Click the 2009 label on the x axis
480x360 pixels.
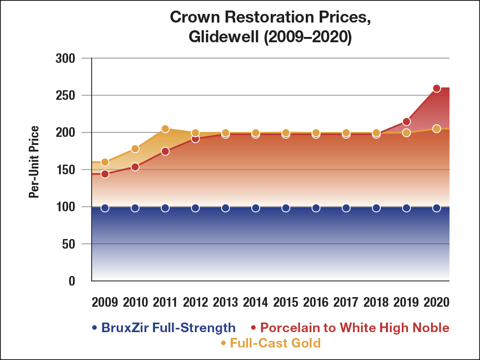tap(105, 302)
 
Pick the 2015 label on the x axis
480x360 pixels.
tap(286, 302)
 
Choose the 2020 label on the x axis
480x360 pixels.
tap(436, 302)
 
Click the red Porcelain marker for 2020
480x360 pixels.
tap(436, 88)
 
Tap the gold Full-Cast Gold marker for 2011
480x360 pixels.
tap(165, 129)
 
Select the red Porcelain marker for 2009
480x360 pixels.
tap(105, 174)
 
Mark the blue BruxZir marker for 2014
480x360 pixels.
tap(256, 208)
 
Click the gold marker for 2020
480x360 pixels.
tap(436, 129)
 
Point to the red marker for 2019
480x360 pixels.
tap(407, 121)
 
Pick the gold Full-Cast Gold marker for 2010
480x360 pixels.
tap(135, 149)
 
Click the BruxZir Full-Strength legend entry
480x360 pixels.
tap(164, 328)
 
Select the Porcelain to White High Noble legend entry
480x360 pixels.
tap(349, 328)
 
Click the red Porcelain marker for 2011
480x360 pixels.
tap(165, 151)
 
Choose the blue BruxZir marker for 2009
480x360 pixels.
tap(105, 208)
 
